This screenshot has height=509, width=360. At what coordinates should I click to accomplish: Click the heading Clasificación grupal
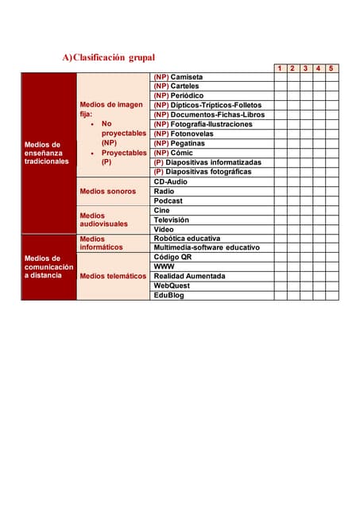pos(109,57)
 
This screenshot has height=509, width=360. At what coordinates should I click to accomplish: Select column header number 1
pos(280,68)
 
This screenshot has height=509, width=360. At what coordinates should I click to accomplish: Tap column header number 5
pos(331,68)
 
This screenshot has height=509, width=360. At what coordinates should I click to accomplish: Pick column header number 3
pos(306,68)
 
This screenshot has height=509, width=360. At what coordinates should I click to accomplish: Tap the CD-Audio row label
pos(170,181)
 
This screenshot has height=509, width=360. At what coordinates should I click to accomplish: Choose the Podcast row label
pos(168,200)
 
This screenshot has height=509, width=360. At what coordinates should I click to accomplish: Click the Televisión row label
pos(171,220)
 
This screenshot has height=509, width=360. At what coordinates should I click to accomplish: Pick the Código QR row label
pos(172,257)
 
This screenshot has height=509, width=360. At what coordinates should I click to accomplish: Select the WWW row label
pos(164,266)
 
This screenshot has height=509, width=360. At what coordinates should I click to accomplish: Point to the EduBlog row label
pos(168,295)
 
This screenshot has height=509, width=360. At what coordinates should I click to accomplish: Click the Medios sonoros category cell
pos(108,191)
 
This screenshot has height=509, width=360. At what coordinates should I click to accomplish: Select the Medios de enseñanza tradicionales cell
pos(48,153)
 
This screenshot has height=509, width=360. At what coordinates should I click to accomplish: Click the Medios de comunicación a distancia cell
pos(48,266)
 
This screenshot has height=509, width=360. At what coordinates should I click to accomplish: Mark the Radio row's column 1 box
pos(280,191)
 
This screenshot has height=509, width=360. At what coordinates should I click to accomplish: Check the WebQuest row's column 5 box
pos(331,286)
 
